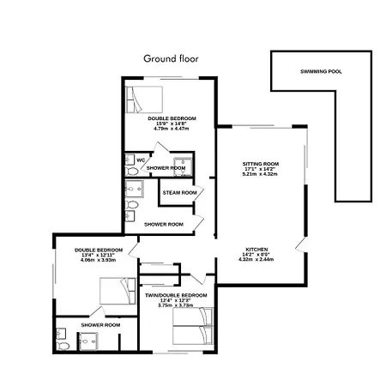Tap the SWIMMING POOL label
point(321,71)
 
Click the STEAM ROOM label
point(180,193)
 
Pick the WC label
point(140,160)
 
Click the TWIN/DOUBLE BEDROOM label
point(175,295)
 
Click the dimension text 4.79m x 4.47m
point(171,129)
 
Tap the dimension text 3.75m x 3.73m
point(175,305)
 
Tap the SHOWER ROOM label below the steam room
point(163,224)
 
